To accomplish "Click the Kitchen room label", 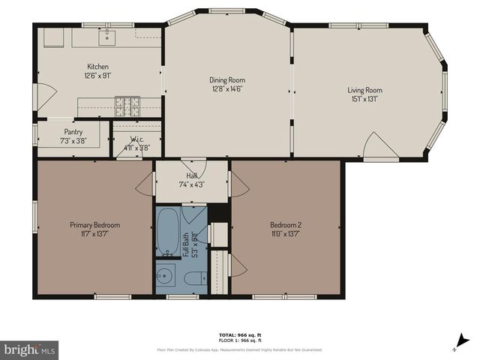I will tap(98, 66).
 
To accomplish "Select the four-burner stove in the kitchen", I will tap(127, 106).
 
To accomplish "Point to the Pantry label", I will tap(73, 131).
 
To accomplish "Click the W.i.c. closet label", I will tap(136, 139).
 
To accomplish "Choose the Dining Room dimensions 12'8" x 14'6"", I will tap(227, 88).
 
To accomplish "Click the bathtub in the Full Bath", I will tap(167, 232).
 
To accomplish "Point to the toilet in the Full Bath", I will tap(193, 279).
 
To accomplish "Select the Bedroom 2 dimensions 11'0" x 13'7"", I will tap(286, 233).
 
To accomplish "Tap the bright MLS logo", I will tap(30, 349).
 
